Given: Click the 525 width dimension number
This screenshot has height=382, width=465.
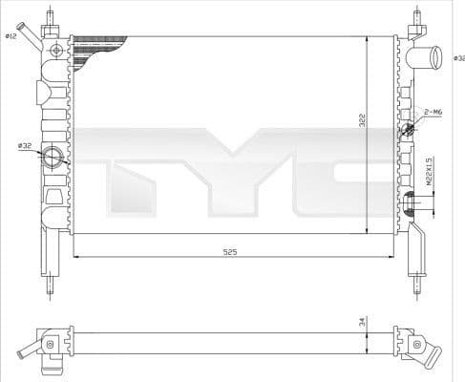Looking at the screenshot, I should click(230, 251).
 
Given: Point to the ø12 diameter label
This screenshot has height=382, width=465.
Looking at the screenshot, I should click(11, 35).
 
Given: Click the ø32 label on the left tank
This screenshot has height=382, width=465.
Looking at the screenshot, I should click(25, 145).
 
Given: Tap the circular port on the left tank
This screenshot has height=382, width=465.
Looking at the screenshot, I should click(54, 158).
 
